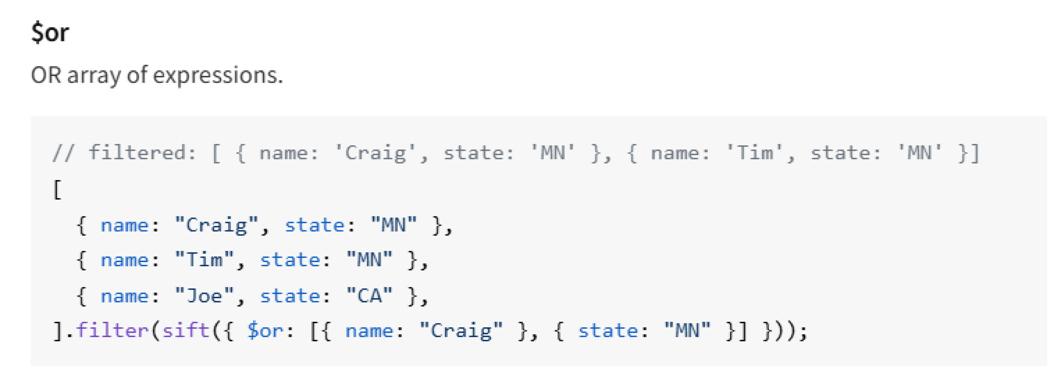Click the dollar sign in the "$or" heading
tap(37, 33)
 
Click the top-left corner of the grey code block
tap(31, 117)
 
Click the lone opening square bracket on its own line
tap(57, 190)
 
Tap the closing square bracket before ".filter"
tap(58, 331)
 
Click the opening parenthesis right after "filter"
tap(155, 331)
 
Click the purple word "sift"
tap(186, 331)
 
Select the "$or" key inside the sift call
tap(265, 331)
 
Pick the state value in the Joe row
tap(369, 296)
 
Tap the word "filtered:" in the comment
tap(143, 152)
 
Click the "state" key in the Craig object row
tap(315, 225)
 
